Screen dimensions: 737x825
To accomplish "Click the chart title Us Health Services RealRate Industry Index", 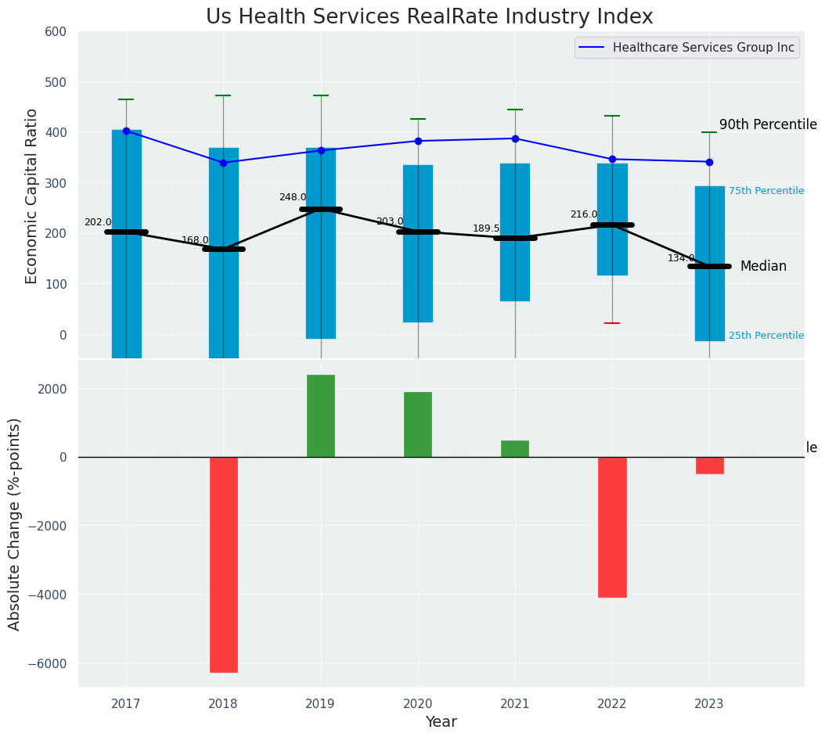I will [429, 17].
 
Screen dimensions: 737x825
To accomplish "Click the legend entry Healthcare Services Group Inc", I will [703, 48].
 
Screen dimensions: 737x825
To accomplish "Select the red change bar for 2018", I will [224, 564].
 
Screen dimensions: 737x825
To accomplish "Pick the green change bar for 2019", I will [321, 415].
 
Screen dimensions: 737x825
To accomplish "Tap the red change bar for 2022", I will [612, 527].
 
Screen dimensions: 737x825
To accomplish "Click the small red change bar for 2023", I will [710, 466].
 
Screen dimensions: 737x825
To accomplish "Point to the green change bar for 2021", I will [515, 449].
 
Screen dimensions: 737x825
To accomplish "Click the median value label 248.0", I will [293, 197].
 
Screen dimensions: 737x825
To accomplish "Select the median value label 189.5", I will [486, 228].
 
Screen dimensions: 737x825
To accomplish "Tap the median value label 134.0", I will [681, 258].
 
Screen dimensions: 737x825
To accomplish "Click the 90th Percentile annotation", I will [768, 125].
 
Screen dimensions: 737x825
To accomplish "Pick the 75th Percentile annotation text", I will [766, 191].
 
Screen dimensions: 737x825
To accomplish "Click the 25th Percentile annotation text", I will [766, 336].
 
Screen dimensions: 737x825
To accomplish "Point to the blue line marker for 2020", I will [418, 141].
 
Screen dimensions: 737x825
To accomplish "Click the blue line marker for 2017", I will [126, 131].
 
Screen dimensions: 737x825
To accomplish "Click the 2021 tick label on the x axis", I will [515, 704].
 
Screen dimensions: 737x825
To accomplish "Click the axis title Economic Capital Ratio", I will [32, 196].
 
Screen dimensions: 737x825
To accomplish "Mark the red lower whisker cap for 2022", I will [612, 323].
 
